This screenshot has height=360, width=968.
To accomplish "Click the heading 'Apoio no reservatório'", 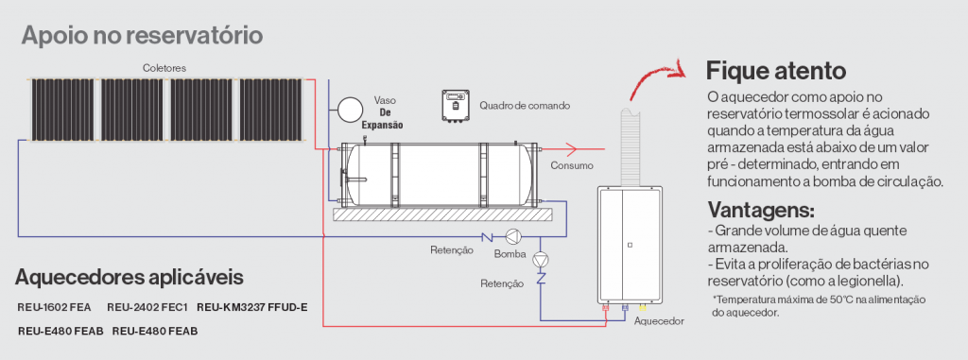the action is (143, 35).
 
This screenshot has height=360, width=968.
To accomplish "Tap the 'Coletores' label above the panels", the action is (164, 68).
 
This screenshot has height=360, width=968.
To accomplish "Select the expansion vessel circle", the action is (351, 110).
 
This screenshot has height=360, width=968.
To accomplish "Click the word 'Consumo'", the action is (572, 165).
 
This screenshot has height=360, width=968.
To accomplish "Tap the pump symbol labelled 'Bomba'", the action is (513, 236).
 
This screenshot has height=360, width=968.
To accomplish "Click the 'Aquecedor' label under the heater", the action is (659, 321).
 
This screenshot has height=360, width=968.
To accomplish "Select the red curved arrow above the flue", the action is (653, 73).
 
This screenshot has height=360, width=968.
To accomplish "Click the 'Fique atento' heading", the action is (775, 71).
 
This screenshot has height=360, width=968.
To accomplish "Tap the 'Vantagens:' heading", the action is (761, 210).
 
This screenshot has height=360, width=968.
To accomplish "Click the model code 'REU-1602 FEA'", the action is (54, 307).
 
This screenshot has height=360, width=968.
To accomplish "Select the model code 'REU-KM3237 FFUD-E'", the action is (251, 307).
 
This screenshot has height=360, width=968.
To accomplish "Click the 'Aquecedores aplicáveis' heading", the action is (129, 277).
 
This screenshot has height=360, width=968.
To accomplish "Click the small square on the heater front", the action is (629, 245).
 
